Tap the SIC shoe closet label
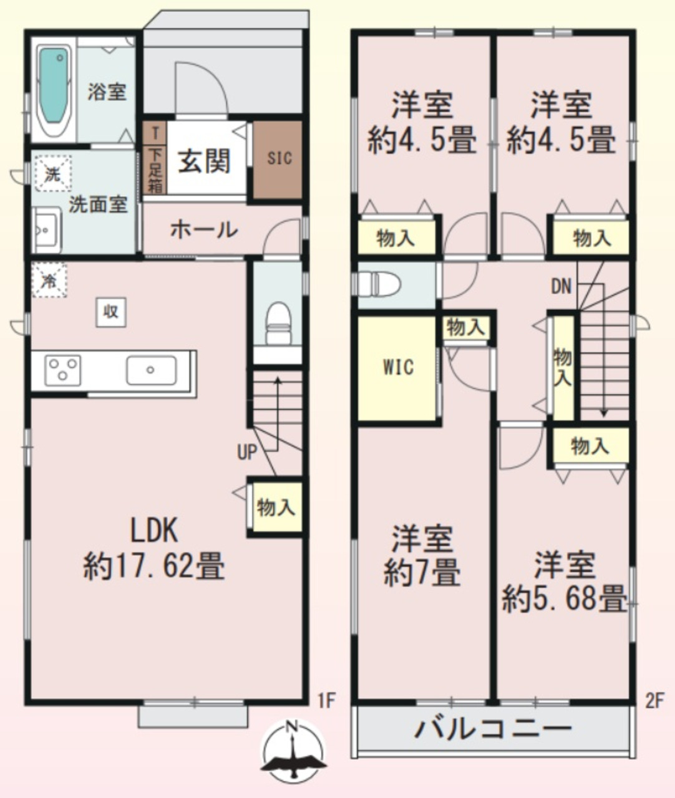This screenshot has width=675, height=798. [x=279, y=158]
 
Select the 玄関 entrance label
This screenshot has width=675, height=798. [x=204, y=161]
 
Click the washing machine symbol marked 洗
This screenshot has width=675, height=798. [x=53, y=173]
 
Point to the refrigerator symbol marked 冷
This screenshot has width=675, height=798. [x=49, y=280]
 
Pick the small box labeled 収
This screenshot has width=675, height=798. [x=111, y=312]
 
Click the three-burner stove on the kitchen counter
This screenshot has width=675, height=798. [x=63, y=370]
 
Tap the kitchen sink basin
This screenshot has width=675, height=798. [x=152, y=370]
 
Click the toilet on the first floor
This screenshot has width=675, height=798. [x=278, y=324]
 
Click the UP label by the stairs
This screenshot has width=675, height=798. [x=247, y=452]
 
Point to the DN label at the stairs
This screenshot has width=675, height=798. [x=561, y=286]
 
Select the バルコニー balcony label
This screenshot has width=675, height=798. [x=493, y=729]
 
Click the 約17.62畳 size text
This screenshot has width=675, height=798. [x=154, y=566]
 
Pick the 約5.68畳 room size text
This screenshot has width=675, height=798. [x=564, y=598]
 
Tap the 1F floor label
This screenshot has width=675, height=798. [x=326, y=700]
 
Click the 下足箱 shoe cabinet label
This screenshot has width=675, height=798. [x=156, y=170]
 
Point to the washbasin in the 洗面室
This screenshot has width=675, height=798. [x=47, y=230]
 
